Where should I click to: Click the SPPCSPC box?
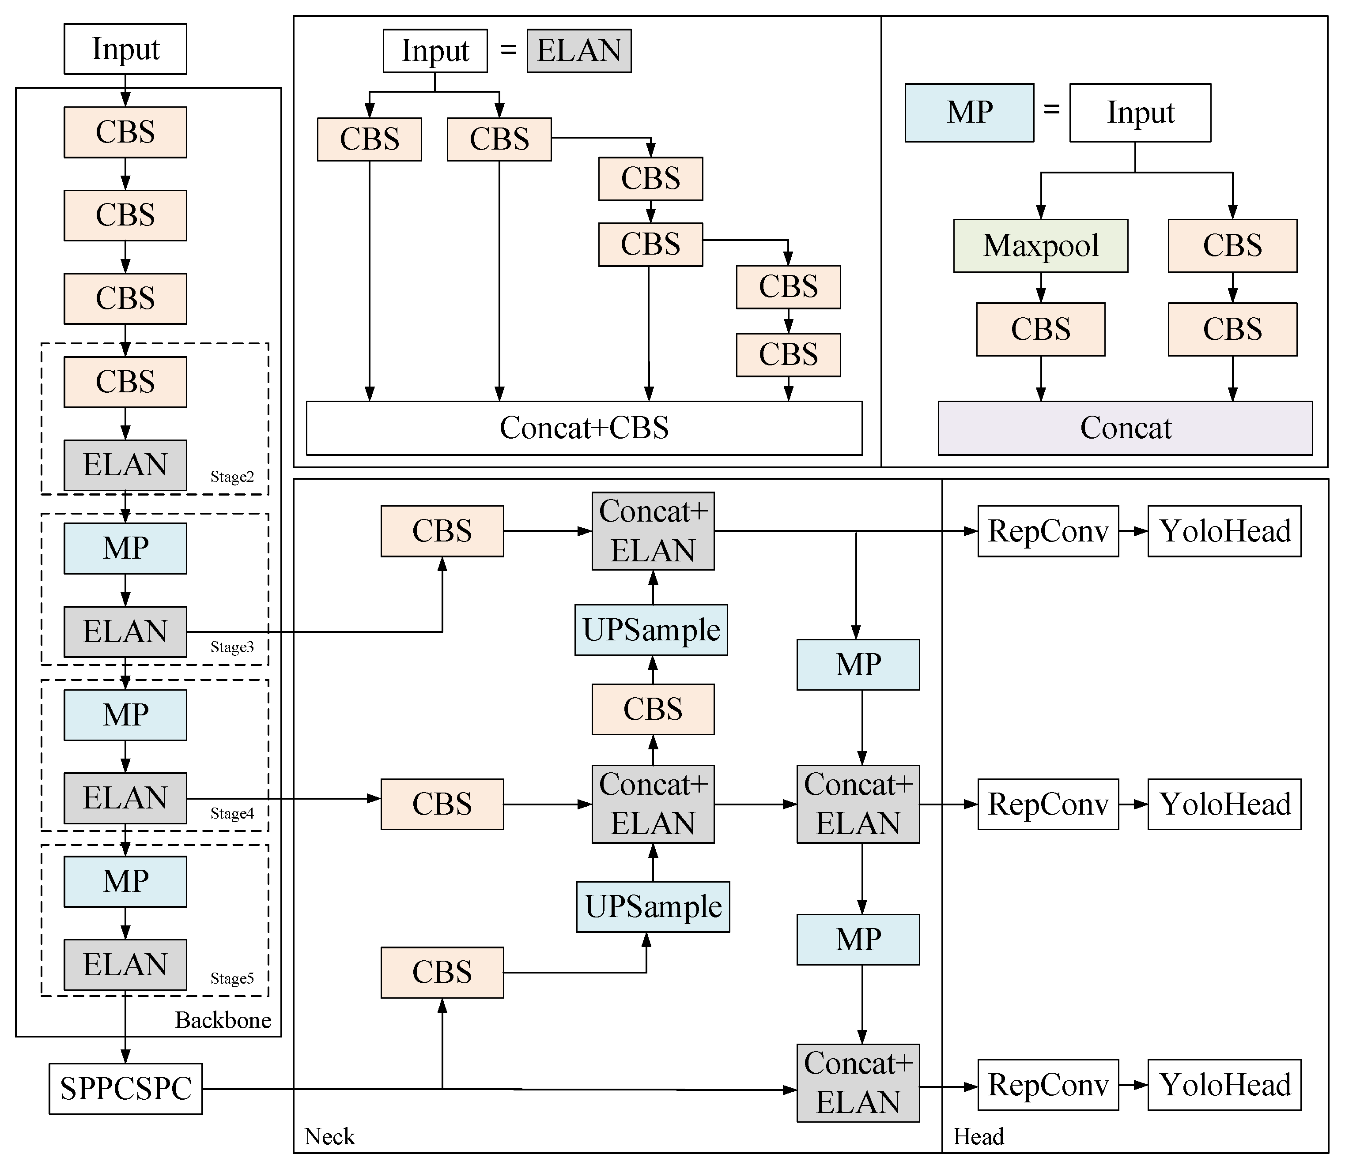point(125,1089)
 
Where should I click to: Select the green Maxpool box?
point(1040,246)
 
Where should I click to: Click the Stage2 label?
point(232,477)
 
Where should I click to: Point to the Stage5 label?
point(232,978)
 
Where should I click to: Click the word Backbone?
point(223,1020)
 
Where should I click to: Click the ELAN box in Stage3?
point(125,631)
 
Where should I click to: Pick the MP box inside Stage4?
point(125,715)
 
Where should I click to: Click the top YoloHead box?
point(1224,531)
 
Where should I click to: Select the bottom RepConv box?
point(1047,1085)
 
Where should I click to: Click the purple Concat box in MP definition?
point(1125,428)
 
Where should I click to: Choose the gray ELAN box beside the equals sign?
point(579,51)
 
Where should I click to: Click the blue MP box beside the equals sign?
point(969,112)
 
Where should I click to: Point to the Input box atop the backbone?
point(125,49)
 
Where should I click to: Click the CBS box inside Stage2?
point(125,382)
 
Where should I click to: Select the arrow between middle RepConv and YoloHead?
point(1133,804)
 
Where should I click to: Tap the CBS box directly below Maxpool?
point(1040,330)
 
